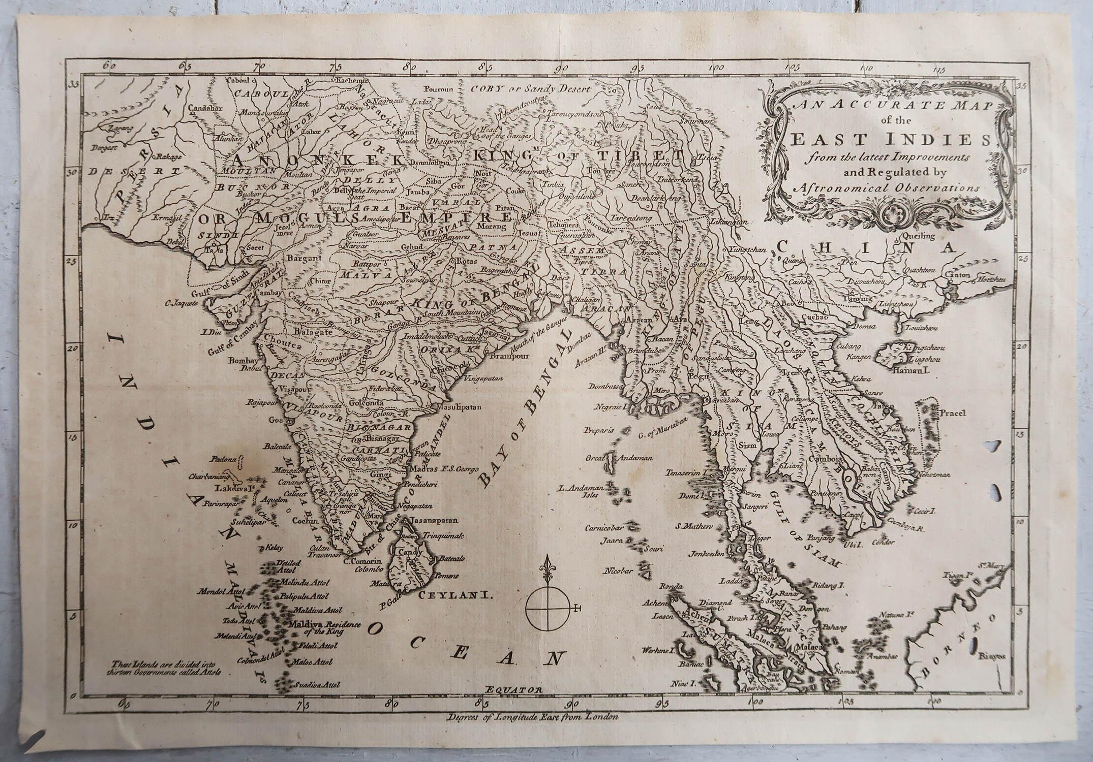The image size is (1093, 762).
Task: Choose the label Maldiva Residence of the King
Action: [x=324, y=627]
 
